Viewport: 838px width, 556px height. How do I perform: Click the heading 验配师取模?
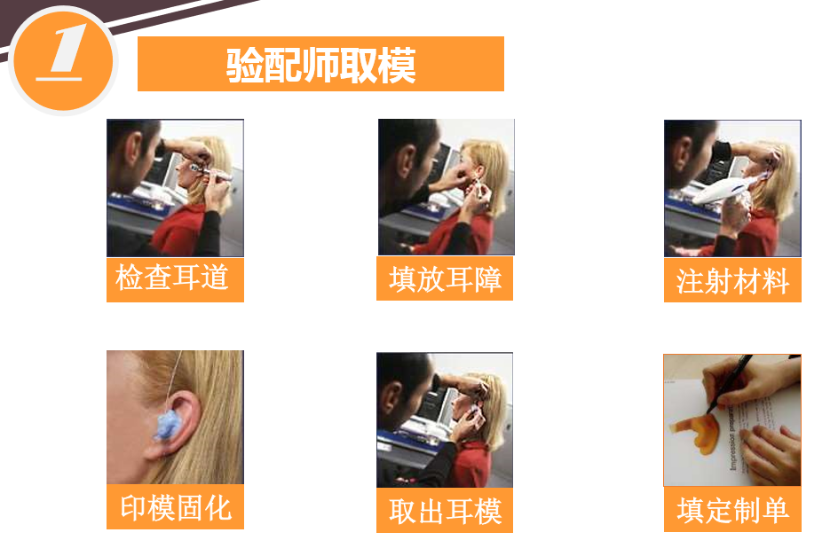[x=320, y=65]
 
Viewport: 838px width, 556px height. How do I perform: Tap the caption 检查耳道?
[x=172, y=278]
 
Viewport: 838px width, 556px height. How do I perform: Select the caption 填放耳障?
[x=446, y=279]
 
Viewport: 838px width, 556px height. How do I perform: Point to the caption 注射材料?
[x=732, y=281]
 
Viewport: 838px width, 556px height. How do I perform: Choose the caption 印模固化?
[x=176, y=508]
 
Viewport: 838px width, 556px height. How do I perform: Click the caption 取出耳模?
[x=446, y=511]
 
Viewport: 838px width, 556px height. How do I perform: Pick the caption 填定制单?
[x=732, y=510]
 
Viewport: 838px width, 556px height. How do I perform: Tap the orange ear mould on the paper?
[x=698, y=432]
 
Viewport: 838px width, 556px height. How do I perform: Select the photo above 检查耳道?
[x=175, y=188]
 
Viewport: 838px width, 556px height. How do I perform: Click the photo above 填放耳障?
[x=447, y=187]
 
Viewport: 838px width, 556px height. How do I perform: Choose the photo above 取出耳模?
[x=445, y=419]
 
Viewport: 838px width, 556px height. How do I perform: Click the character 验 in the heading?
[x=244, y=65]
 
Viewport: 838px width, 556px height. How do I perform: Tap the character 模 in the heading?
[x=397, y=65]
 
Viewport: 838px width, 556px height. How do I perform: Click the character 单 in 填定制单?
[x=776, y=510]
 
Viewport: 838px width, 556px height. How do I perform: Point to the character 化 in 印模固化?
[x=218, y=508]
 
